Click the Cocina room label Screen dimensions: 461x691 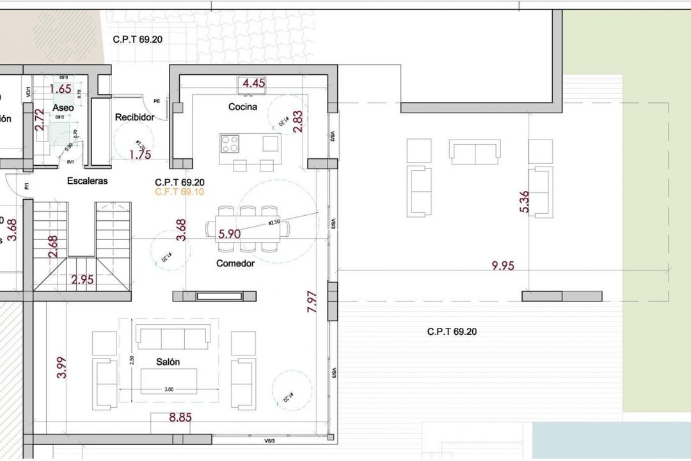tap(242, 107)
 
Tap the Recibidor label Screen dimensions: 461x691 tap(134, 117)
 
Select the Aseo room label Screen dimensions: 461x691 tap(63, 108)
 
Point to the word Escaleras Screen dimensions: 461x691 tap(88, 181)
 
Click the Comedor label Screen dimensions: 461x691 tap(235, 263)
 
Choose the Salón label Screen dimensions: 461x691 tap(168, 362)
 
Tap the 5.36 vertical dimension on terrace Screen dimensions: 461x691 tap(525, 202)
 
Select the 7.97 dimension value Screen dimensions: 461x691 tap(312, 302)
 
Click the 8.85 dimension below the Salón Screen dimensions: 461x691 tap(180, 418)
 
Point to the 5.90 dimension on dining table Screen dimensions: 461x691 tap(229, 234)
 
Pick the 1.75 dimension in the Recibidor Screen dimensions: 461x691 tap(140, 154)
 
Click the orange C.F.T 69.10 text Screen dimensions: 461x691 tap(179, 191)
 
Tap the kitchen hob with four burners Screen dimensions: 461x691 tap(230, 143)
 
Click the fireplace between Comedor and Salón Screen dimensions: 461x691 tap(219, 296)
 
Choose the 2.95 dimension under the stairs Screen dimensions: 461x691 tap(83, 279)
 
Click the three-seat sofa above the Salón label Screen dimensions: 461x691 tap(173, 336)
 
